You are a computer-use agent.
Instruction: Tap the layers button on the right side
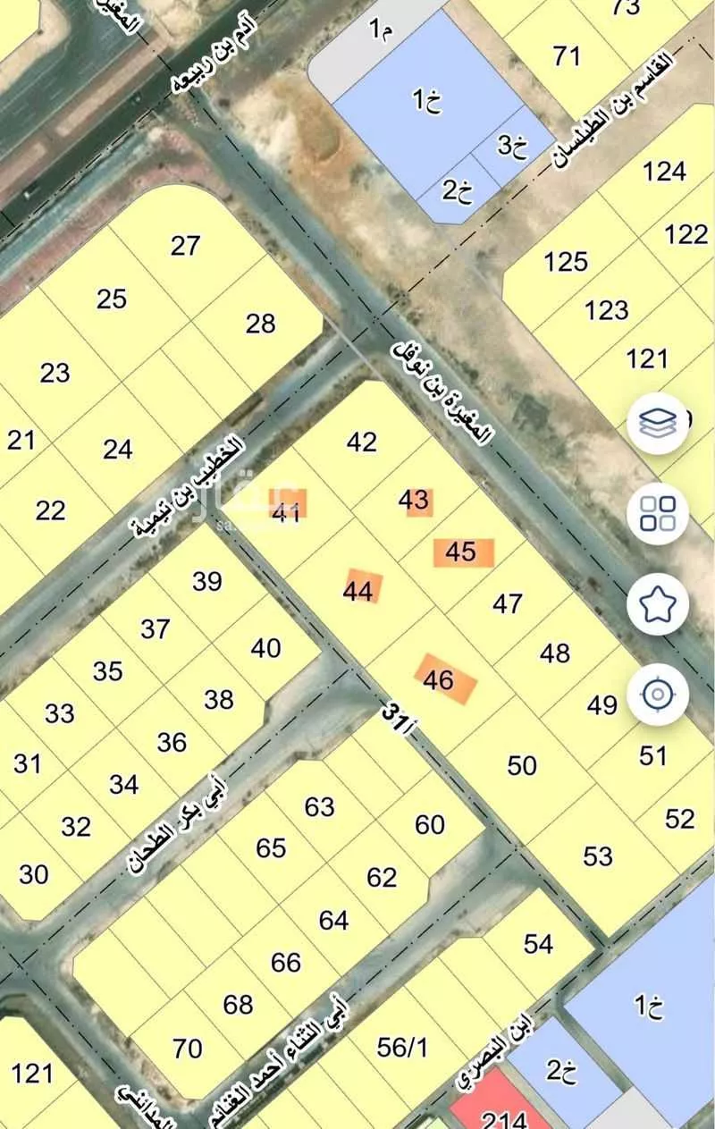658,424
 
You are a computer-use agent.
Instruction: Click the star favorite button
658,604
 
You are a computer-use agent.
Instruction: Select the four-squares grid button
658,513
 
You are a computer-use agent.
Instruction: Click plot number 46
439,680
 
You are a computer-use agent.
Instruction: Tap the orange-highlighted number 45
461,552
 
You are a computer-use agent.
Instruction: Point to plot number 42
362,442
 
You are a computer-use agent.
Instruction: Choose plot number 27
185,245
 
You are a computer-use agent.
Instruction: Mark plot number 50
522,765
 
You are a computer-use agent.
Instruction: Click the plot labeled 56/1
403,1047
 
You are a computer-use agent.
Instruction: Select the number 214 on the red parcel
503,1118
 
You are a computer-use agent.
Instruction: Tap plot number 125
566,262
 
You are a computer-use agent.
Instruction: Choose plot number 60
430,824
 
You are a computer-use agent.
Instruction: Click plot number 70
188,1047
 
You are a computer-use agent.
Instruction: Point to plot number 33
60,714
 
